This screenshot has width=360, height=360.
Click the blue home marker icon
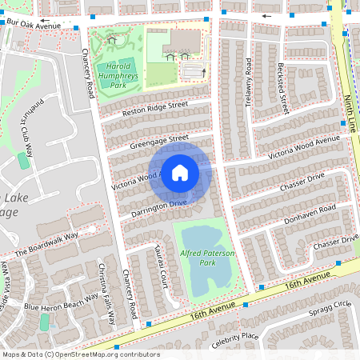point(180,173)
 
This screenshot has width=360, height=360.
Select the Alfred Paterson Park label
point(210,257)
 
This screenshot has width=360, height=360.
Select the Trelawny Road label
point(249,79)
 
